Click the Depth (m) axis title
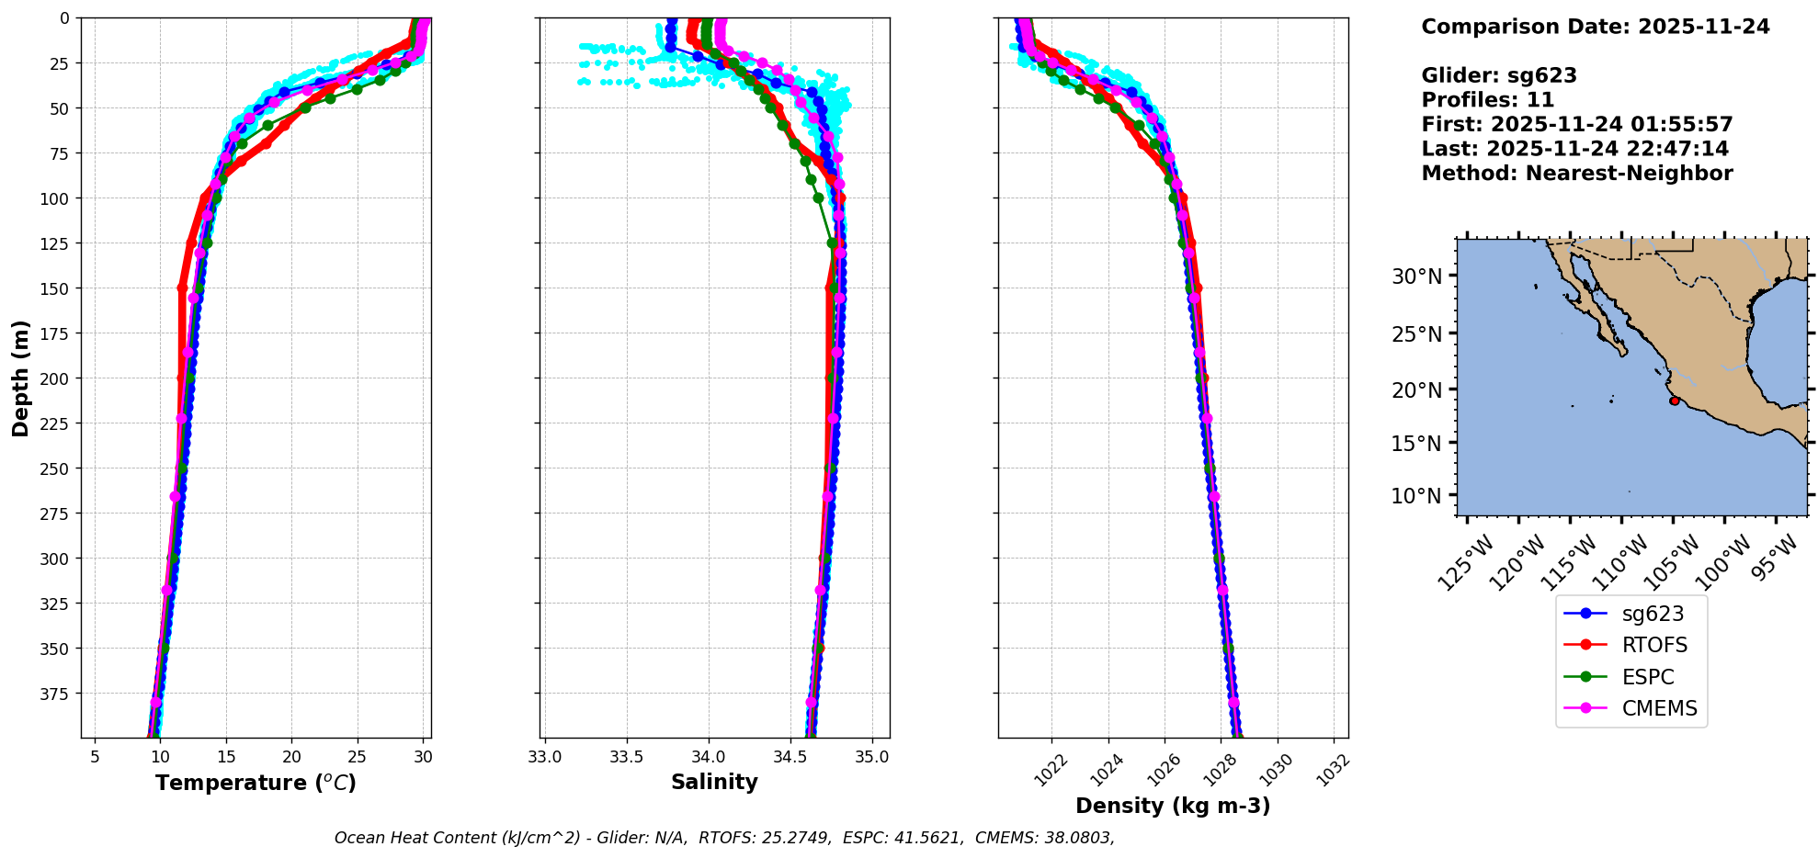click(x=20, y=378)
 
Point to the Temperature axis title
click(x=256, y=783)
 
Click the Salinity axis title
click(x=714, y=783)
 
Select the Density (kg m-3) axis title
click(x=1173, y=806)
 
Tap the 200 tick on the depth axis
click(x=57, y=378)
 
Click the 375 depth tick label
click(x=57, y=694)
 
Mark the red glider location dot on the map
click(x=1674, y=401)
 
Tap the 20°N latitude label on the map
click(x=1416, y=390)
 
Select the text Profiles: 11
click(x=1487, y=100)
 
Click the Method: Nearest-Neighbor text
click(x=1576, y=174)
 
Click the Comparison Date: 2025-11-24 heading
click(x=1595, y=27)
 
